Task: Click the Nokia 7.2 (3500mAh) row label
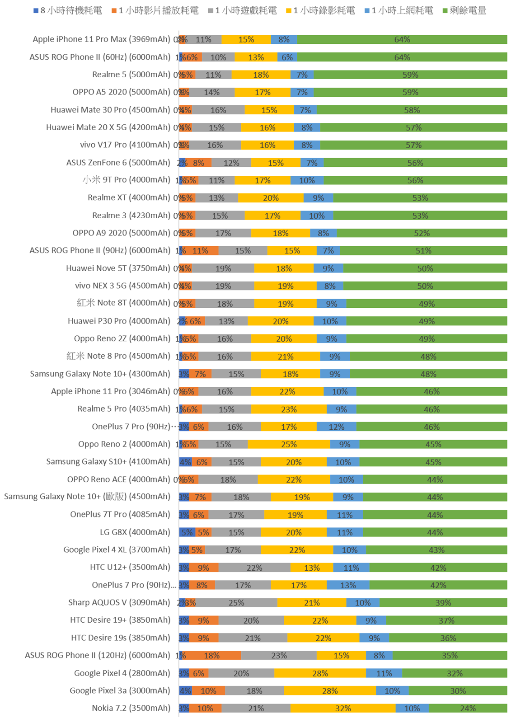click(131, 708)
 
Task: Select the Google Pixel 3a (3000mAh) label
click(120, 690)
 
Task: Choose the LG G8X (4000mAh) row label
click(135, 532)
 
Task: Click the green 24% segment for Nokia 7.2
click(468, 708)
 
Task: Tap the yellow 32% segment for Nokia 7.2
click(343, 708)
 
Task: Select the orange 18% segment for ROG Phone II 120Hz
click(211, 655)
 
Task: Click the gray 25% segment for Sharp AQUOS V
click(236, 602)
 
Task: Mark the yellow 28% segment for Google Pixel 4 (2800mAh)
click(320, 673)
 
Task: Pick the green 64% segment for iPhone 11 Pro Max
click(402, 39)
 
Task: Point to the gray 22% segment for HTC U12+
click(254, 568)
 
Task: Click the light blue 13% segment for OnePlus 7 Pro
click(348, 585)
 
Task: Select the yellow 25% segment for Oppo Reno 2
click(289, 444)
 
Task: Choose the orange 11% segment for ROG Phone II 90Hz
click(200, 251)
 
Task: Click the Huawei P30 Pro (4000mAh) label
click(119, 321)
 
